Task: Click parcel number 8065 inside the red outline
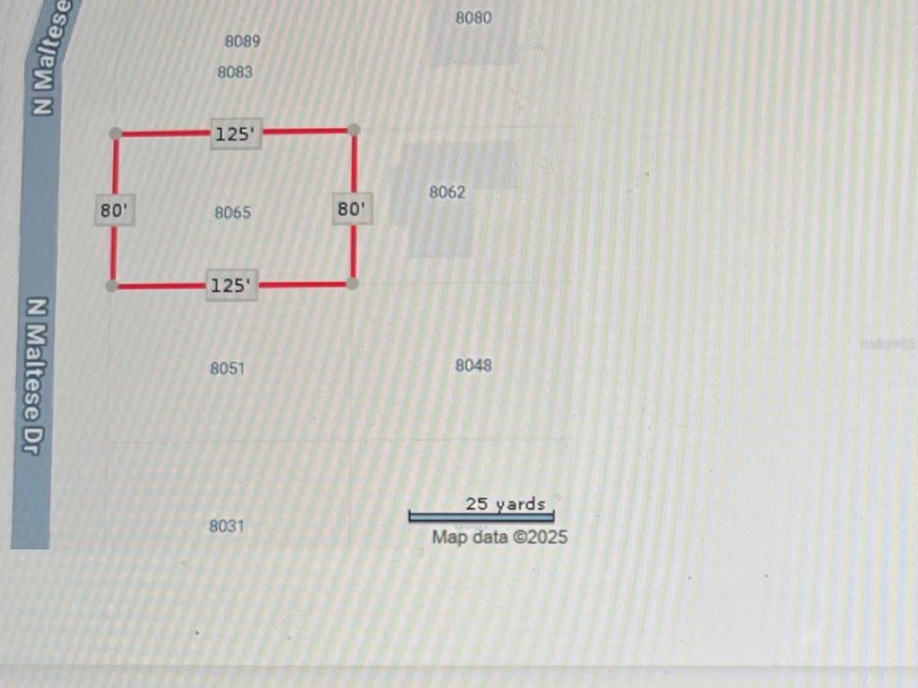click(233, 213)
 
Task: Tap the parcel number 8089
click(242, 41)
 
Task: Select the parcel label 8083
click(235, 73)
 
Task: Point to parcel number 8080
click(473, 18)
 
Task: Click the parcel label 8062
click(447, 192)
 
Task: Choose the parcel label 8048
click(473, 365)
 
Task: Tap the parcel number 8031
click(227, 526)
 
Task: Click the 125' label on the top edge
click(237, 135)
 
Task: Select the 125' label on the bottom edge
click(232, 286)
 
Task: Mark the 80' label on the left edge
click(115, 211)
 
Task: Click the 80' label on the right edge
click(351, 210)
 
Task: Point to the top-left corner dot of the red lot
click(116, 133)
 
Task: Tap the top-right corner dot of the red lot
click(354, 130)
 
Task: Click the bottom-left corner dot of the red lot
click(111, 286)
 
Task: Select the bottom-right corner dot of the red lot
click(352, 283)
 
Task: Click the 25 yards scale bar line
click(481, 517)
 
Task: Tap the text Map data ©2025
click(499, 537)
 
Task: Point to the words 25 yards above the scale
click(505, 503)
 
